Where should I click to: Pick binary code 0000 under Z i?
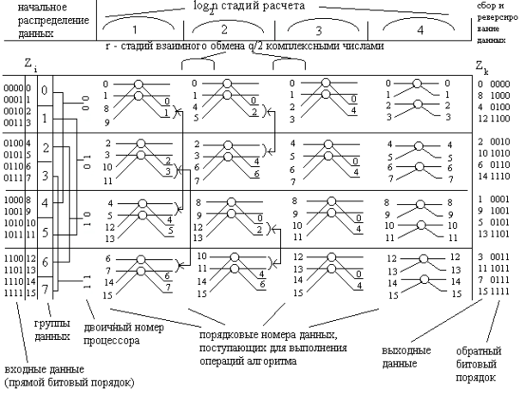coord(12,87)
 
